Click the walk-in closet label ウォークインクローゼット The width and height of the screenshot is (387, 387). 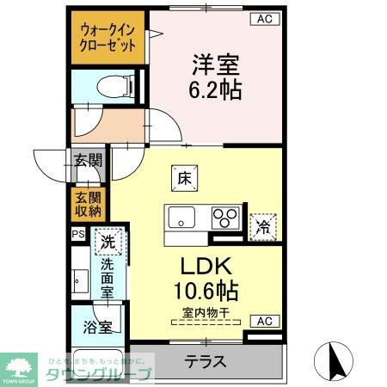tap(107, 37)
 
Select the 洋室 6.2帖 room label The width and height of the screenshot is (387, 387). tap(215, 76)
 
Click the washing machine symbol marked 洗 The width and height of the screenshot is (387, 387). tap(108, 243)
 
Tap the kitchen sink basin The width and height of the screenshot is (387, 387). tap(182, 217)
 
